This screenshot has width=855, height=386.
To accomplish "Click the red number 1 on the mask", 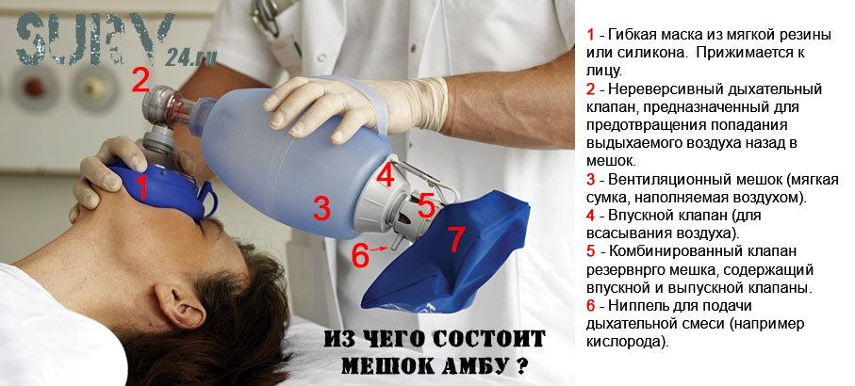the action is tap(141, 187).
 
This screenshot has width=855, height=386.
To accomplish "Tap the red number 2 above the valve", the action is tap(140, 81).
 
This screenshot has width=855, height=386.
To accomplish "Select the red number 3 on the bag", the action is tap(321, 209).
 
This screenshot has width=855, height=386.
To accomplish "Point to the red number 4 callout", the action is tap(386, 175).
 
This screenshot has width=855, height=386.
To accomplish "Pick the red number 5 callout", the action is tap(426, 205).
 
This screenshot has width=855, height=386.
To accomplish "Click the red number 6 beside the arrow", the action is tap(359, 255).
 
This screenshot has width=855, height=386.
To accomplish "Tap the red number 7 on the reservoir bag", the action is tap(456, 239).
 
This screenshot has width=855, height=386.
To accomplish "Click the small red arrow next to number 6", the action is tap(380, 249).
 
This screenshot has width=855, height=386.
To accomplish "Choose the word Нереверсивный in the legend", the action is tap(661, 88).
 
